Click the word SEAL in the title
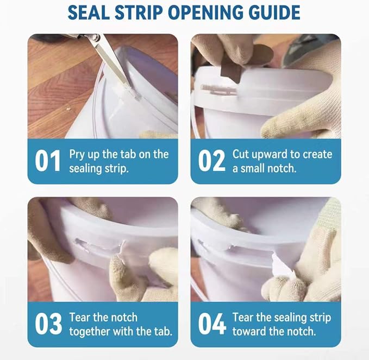tap(89, 12)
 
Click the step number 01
tap(47, 161)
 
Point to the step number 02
tap(211, 161)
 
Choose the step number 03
tap(48, 324)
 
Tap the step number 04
tap(212, 324)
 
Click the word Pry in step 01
tap(77, 155)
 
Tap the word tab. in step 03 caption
tap(163, 331)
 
